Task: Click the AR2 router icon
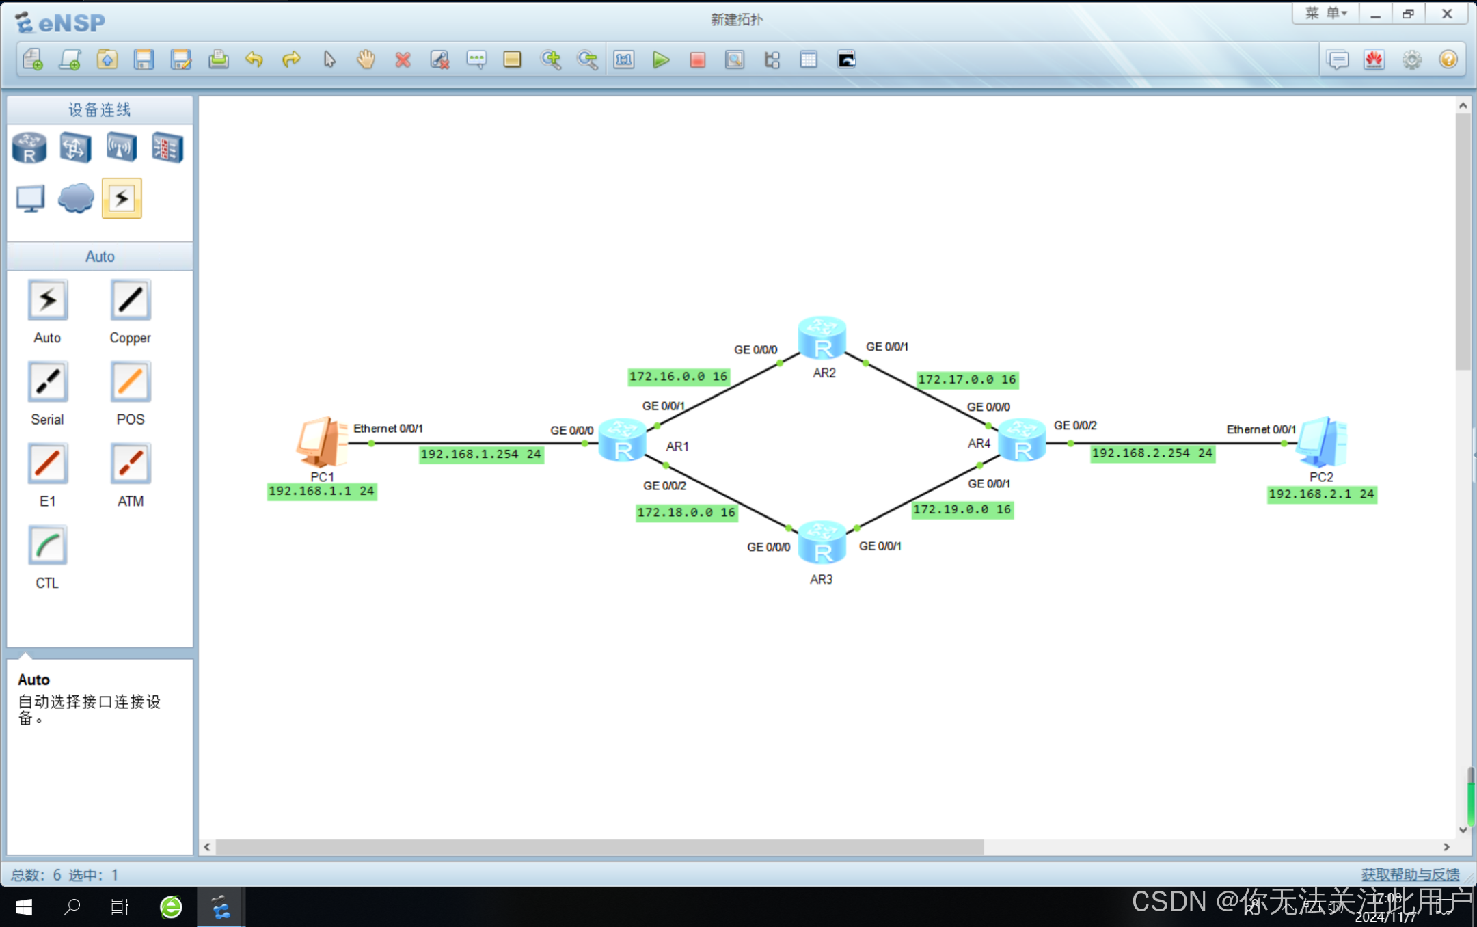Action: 822,338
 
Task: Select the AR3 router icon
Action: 822,542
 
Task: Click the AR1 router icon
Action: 622,441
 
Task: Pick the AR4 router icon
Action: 1022,441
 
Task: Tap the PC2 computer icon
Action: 1322,442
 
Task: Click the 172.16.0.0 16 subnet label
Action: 678,377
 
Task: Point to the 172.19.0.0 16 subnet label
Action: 962,509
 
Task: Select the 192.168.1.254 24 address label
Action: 481,454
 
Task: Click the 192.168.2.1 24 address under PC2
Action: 1321,494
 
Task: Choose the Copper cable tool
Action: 130,300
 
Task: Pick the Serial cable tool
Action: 47,382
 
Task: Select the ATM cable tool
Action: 130,463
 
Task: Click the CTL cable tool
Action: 47,546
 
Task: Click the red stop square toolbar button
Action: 697,60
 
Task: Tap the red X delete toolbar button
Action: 403,60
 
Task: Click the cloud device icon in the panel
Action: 75,198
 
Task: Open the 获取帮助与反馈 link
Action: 1409,874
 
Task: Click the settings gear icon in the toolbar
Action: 1411,60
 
